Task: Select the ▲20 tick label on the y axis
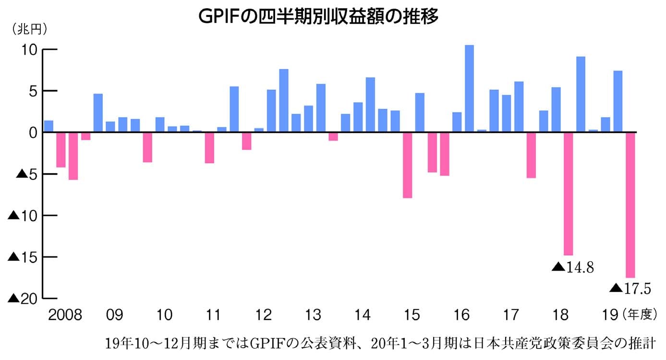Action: point(23,298)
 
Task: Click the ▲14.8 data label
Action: point(573,267)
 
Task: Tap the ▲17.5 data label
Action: point(630,288)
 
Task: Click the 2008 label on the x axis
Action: point(65,315)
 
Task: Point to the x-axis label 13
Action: point(313,315)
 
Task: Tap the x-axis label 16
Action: point(461,315)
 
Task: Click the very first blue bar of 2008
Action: point(48,126)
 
